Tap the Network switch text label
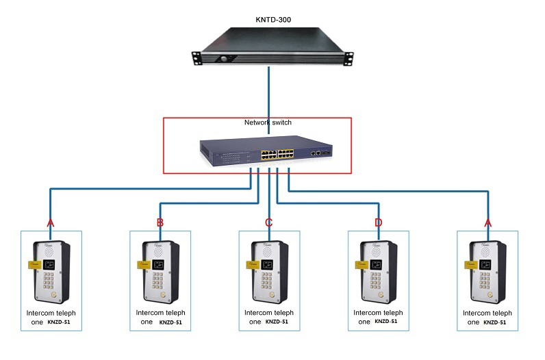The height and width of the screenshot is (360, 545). point(268,123)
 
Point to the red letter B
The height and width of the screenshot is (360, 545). point(160,222)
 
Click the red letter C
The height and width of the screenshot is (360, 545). point(268,222)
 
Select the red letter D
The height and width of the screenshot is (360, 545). point(378,222)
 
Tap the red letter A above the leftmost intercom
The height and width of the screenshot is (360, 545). point(50,223)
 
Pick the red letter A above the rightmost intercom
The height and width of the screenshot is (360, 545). point(487,223)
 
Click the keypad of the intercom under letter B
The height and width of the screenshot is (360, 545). point(158,281)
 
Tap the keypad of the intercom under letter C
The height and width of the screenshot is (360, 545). point(267,281)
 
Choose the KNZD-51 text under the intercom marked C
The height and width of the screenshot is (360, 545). point(277,322)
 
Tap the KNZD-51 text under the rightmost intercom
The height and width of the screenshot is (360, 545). point(496,322)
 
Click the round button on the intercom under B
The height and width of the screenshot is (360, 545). point(162,295)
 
